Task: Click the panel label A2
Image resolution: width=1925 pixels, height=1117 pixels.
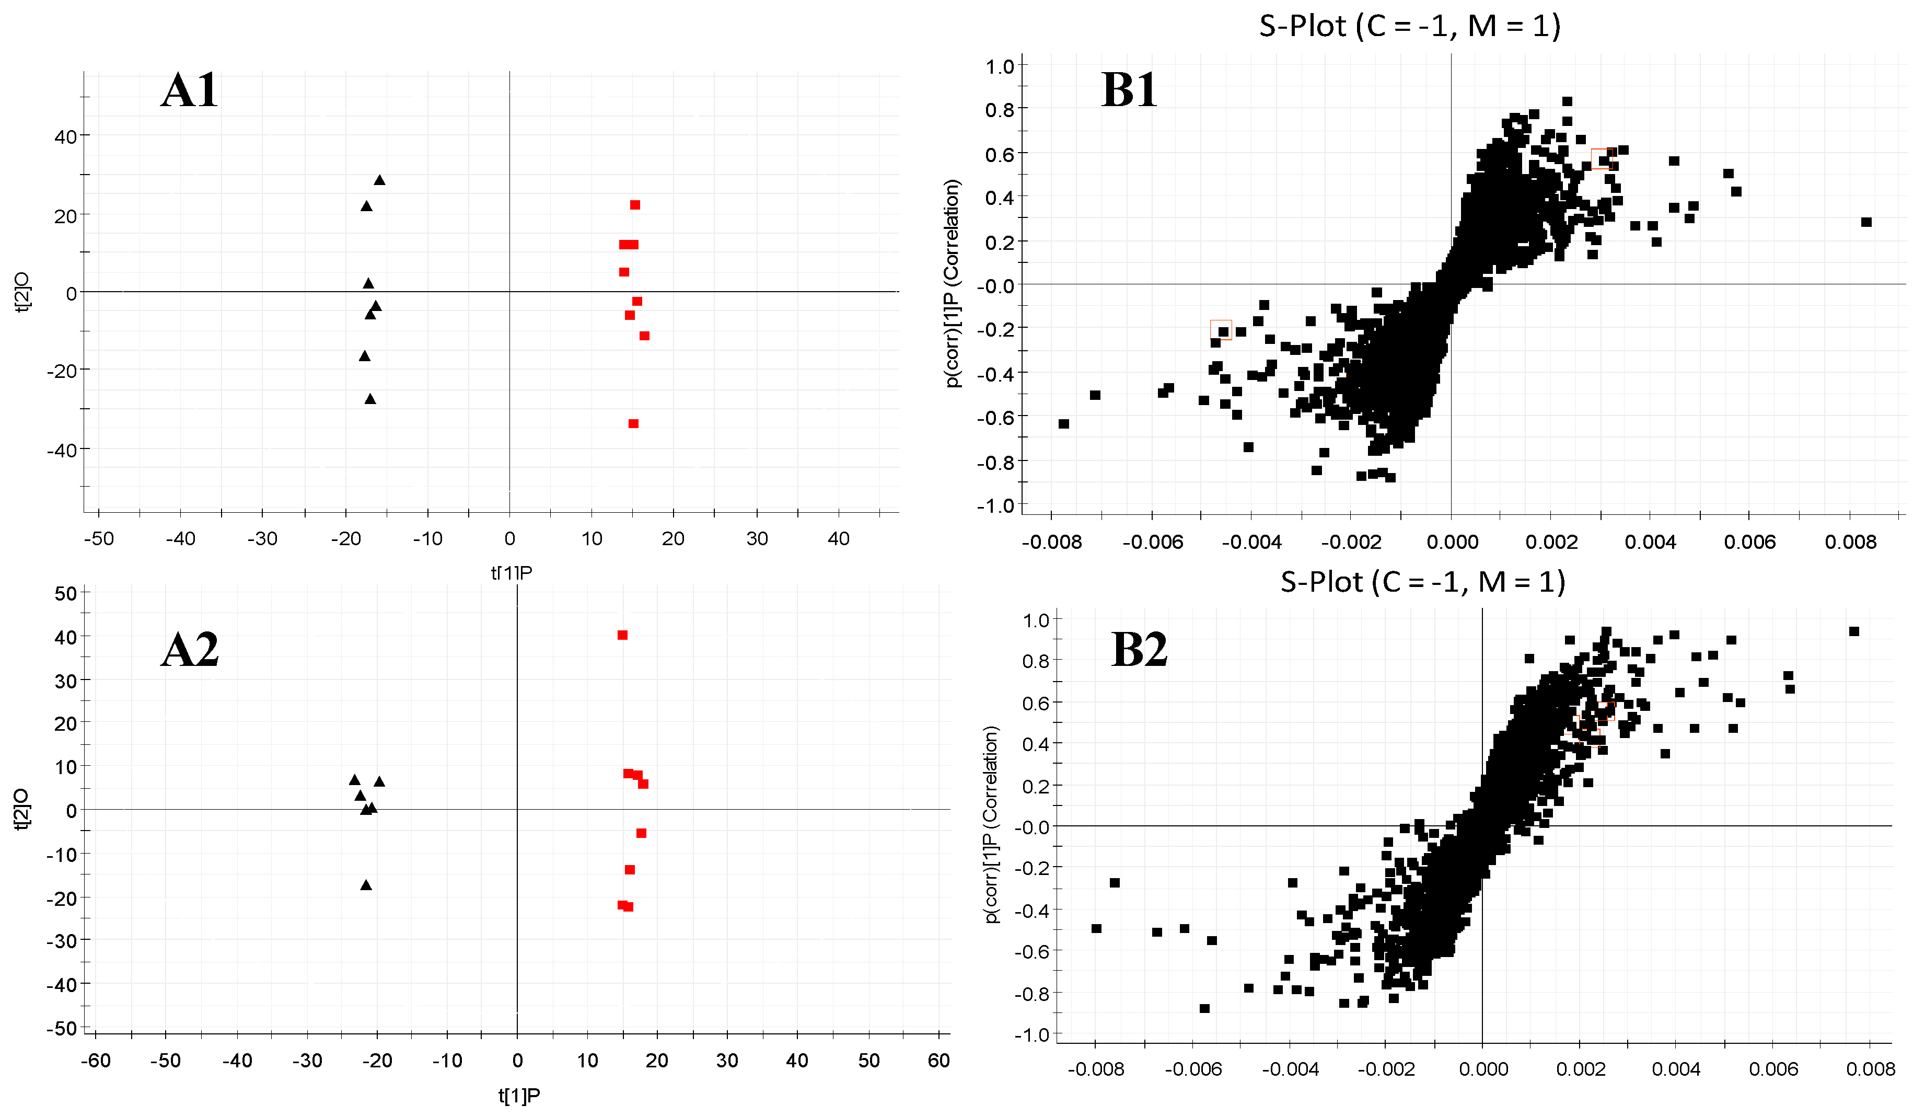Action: click(190, 650)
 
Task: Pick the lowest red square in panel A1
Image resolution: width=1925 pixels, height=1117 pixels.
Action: click(633, 423)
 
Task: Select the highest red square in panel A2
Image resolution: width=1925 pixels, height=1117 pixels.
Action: click(622, 635)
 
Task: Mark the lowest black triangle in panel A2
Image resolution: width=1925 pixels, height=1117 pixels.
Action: click(366, 885)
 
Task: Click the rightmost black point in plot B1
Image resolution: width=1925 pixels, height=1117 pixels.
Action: click(1866, 222)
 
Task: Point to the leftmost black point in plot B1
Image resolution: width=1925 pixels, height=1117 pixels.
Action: click(1064, 423)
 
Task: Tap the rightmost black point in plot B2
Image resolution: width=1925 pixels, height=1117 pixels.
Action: click(1854, 631)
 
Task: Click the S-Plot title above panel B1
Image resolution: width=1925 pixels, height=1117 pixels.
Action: click(1409, 27)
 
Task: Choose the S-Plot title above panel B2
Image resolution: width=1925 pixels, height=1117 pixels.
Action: click(1422, 582)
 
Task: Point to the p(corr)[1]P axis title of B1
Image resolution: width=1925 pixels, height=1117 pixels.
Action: click(953, 283)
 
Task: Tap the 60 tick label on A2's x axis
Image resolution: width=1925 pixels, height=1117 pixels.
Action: click(939, 1061)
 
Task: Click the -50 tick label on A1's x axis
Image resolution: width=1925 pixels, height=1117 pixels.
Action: click(99, 538)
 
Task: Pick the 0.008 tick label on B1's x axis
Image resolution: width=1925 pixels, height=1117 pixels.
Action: click(1850, 543)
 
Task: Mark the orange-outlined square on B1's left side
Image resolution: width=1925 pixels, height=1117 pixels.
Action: click(1221, 329)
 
